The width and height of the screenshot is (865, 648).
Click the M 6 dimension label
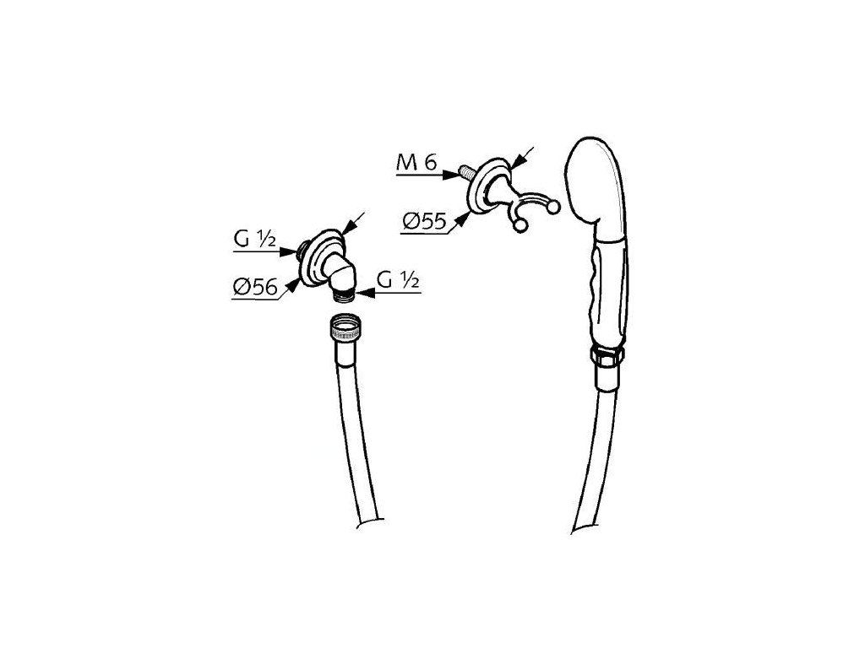tap(417, 165)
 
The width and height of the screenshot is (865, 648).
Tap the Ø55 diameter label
tap(424, 222)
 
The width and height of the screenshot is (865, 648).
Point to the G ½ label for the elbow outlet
tap(399, 282)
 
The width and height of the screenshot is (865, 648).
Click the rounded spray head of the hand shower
tap(596, 181)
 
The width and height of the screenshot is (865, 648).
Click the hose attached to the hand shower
tap(596, 447)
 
